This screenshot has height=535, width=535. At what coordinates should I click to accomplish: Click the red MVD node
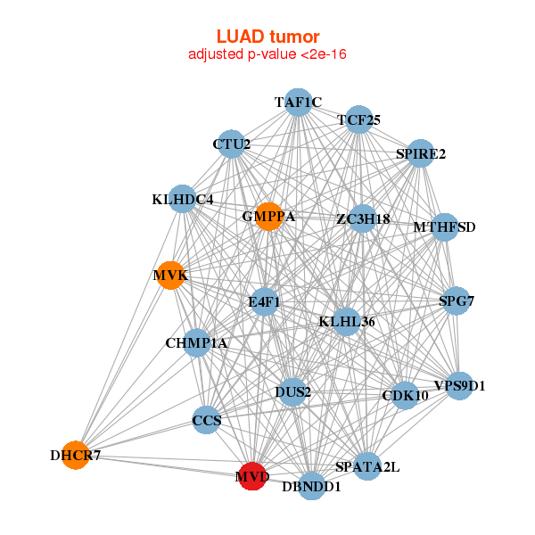click(x=252, y=476)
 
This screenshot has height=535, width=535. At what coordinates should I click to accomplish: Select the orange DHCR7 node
click(x=76, y=455)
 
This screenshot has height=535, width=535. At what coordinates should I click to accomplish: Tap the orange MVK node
click(x=170, y=276)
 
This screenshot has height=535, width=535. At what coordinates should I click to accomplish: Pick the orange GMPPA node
click(x=269, y=217)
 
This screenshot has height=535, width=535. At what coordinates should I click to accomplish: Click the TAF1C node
click(x=298, y=103)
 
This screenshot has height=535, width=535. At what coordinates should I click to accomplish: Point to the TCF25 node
click(x=358, y=119)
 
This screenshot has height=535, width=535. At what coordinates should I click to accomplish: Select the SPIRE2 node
click(x=420, y=153)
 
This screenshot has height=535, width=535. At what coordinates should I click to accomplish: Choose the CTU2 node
click(x=231, y=144)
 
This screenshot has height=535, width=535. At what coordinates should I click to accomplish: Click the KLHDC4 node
click(x=183, y=199)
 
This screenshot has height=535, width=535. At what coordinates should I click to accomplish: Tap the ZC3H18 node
click(x=363, y=218)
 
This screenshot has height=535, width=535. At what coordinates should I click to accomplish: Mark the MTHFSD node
click(x=444, y=227)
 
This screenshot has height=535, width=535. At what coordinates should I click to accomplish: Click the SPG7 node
click(x=457, y=301)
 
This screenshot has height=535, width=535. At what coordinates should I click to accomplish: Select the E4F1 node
click(x=264, y=301)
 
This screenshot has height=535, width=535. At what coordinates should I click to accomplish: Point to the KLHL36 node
click(x=347, y=322)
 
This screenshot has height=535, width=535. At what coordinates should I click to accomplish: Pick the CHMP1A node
click(x=196, y=343)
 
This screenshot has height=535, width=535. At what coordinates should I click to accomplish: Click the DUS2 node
click(x=292, y=392)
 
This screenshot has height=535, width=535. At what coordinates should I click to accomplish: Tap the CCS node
click(x=207, y=420)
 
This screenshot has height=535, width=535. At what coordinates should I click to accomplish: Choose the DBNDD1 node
click(x=311, y=486)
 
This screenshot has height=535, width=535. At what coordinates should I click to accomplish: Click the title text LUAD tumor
click(x=267, y=37)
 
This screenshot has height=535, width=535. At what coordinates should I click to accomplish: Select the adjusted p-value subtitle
click(x=267, y=54)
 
